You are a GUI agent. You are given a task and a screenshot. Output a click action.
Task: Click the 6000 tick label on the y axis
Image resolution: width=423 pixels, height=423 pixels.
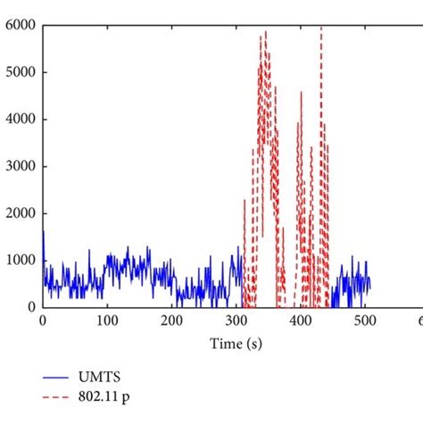[x=19, y=26]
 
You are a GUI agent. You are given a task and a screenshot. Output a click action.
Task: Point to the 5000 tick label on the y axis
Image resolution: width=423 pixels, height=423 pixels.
[x=19, y=72]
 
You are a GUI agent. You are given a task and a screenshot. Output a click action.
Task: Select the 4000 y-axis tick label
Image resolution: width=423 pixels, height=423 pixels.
[x=19, y=120]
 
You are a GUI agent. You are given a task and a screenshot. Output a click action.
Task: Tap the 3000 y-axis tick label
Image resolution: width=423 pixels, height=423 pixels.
[x=19, y=166]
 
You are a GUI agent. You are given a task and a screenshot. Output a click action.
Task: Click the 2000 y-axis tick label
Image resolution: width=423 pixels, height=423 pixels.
[x=19, y=213]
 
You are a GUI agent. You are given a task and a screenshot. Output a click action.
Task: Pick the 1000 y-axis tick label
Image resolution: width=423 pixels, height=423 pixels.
[x=19, y=260]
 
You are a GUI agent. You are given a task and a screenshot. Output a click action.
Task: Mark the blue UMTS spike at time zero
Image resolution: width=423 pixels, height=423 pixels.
[x=43, y=234]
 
